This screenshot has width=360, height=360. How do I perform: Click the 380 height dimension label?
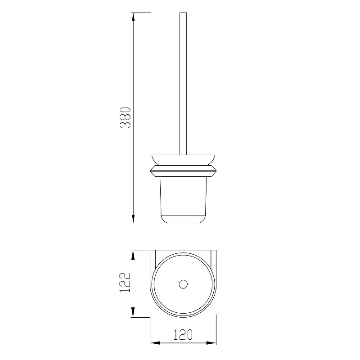[x=125, y=117]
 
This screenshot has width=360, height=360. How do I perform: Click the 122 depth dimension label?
[x=125, y=282]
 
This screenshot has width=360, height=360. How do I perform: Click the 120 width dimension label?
[x=183, y=334]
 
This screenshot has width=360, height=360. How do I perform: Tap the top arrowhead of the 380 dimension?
[x=133, y=18]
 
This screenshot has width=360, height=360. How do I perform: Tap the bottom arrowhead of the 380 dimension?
[x=133, y=218]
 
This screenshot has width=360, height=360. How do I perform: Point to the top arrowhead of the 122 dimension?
[x=133, y=255]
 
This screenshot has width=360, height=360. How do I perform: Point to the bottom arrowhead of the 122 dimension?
[x=133, y=313]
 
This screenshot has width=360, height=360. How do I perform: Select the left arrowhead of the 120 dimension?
[x=155, y=343]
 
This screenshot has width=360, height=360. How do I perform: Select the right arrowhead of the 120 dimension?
[x=211, y=343]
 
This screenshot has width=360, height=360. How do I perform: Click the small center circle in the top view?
[x=183, y=284]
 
